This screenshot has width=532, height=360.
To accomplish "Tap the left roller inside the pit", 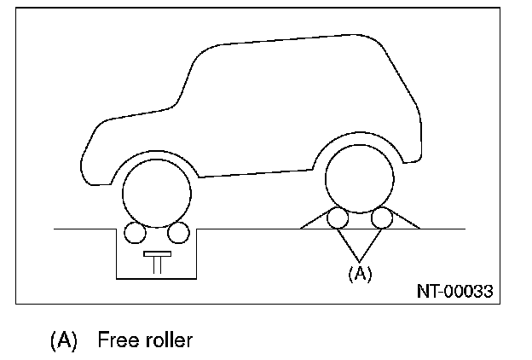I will pyautogui.click(x=134, y=232).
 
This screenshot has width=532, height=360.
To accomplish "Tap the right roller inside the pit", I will pyautogui.click(x=178, y=232).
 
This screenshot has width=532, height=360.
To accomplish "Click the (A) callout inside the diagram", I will pyautogui.click(x=359, y=273).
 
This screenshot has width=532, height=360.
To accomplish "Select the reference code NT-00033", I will pyautogui.click(x=454, y=291).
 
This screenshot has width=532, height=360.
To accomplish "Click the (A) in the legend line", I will pyautogui.click(x=64, y=340).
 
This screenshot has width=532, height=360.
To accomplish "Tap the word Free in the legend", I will pyautogui.click(x=118, y=340).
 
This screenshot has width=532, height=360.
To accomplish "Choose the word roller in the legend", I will pyautogui.click(x=167, y=340).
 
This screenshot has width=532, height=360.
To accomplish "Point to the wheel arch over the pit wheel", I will pyautogui.click(x=157, y=155).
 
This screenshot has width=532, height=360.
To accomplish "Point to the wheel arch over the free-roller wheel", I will pyautogui.click(x=360, y=138).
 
